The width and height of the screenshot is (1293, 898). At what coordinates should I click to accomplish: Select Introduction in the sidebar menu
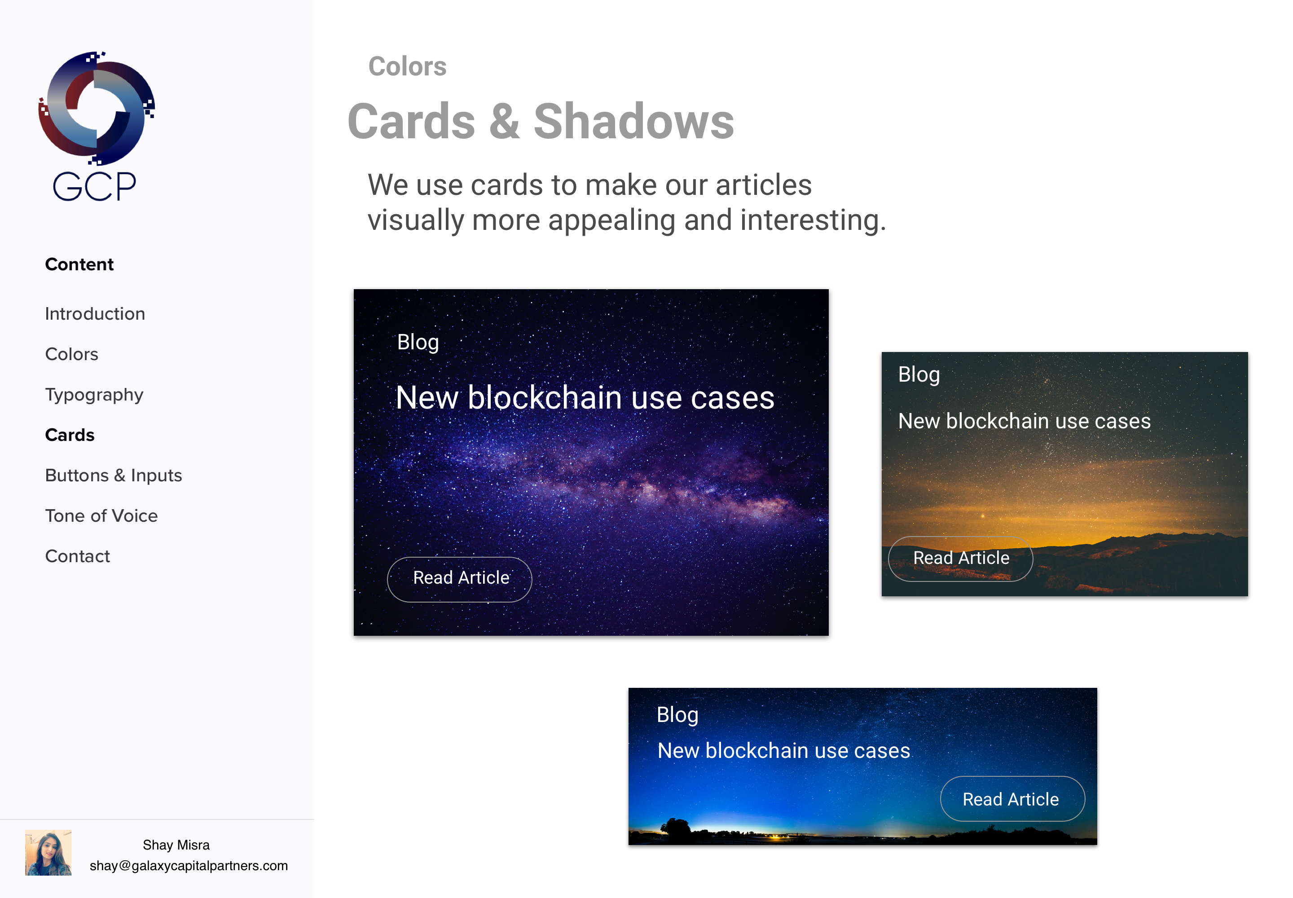pos(95,313)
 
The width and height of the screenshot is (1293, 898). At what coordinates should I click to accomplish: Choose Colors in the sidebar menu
pos(71,354)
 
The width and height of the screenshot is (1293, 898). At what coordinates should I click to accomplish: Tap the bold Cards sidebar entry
pos(70,435)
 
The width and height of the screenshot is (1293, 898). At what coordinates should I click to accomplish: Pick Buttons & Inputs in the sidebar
pos(114,475)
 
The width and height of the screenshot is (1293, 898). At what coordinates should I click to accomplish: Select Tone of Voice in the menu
pos(101,516)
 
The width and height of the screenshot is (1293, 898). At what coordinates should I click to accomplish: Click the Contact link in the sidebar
pos(78,556)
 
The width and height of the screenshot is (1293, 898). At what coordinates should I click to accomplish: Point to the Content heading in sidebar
pos(79,264)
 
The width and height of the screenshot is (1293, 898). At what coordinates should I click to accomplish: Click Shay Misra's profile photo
pos(48,852)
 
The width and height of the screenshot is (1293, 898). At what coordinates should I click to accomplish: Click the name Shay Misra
pos(176,845)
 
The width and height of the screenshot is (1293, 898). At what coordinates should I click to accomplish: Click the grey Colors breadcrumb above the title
pos(407,66)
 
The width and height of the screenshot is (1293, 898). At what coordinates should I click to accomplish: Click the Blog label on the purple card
pos(418,342)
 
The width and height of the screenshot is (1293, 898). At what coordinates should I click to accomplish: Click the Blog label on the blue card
pos(677,714)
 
